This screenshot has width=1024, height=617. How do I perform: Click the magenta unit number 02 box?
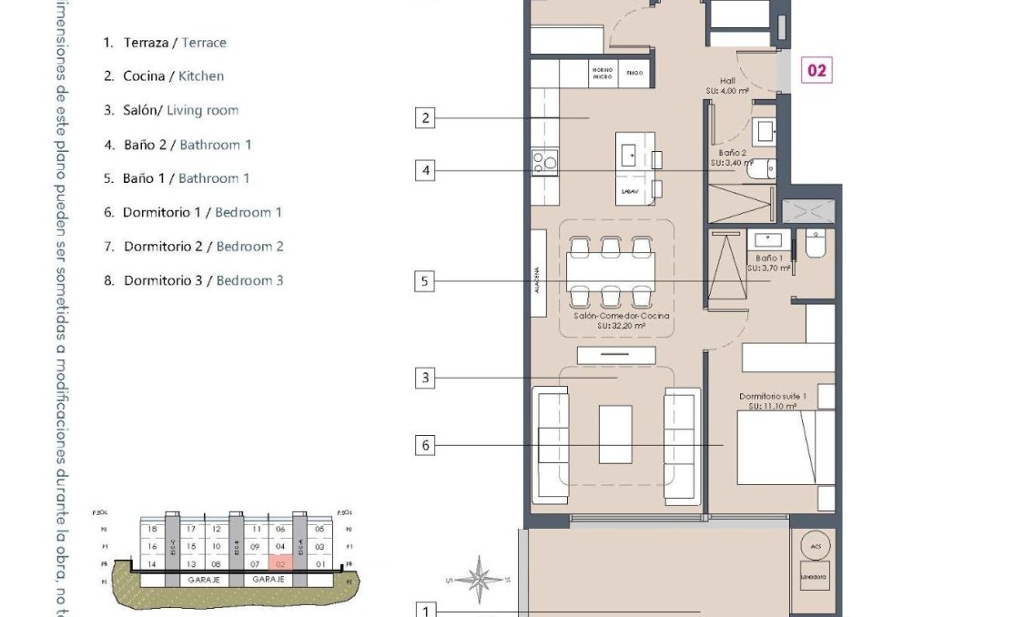tap(816, 70)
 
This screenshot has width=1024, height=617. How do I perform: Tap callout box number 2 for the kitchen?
tap(424, 117)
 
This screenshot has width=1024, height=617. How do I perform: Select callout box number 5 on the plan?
tap(424, 281)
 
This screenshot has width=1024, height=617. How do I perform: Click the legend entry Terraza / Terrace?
tap(164, 43)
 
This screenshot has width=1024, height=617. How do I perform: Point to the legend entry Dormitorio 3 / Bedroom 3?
tap(193, 280)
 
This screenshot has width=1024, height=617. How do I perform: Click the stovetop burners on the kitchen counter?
tap(544, 163)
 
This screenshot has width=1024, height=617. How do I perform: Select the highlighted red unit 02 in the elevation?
tap(281, 564)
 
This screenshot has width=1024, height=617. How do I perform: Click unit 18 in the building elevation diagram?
tap(152, 529)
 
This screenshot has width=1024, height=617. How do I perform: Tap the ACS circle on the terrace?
tap(812, 547)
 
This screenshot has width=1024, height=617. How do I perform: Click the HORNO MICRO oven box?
tap(603, 73)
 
